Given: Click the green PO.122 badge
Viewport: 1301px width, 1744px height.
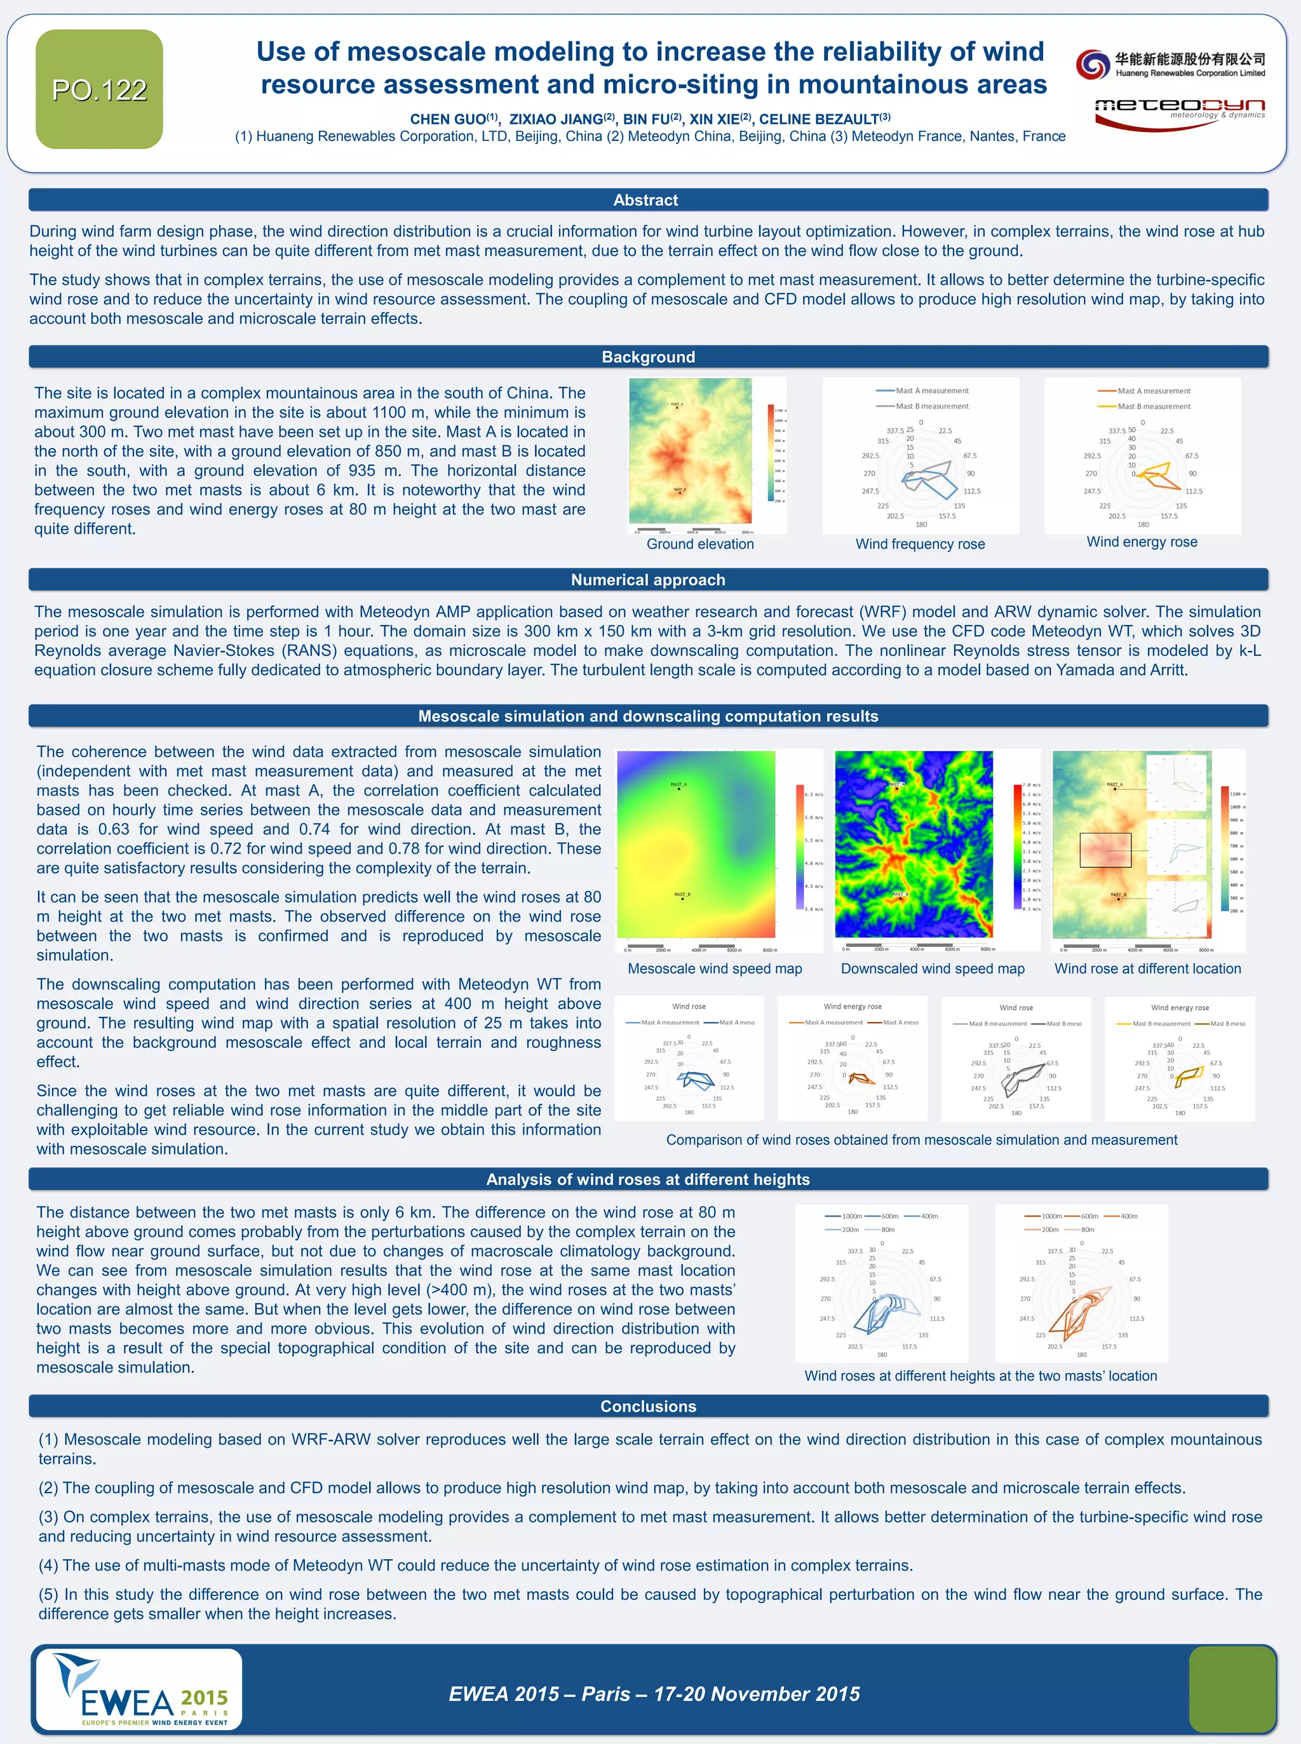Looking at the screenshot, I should click(99, 89).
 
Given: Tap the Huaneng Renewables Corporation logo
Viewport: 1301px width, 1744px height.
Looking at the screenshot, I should click(1170, 64).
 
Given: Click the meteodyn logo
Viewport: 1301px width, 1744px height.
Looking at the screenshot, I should click(1179, 112).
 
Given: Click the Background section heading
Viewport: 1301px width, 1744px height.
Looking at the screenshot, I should click(647, 357).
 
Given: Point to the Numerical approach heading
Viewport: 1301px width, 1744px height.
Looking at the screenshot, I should click(647, 579).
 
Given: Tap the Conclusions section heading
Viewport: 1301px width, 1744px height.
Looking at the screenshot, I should click(647, 1405).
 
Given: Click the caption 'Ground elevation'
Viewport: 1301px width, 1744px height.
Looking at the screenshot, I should click(700, 544).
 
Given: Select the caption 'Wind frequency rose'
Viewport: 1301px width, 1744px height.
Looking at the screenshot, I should click(920, 544).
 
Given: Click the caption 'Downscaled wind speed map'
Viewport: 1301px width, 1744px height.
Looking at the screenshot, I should click(933, 969).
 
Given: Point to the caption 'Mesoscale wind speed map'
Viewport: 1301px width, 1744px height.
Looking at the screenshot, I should click(714, 969).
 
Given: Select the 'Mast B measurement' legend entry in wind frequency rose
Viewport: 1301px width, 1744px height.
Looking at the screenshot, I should click(932, 406).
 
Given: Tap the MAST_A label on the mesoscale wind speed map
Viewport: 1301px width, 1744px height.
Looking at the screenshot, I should click(678, 785).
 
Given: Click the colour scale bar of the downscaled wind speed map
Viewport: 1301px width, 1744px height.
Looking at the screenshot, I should click(1016, 847).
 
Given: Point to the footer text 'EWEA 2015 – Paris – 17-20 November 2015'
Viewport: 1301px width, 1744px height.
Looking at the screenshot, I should click(654, 1694).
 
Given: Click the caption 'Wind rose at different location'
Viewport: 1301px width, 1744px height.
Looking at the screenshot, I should click(1147, 969).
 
